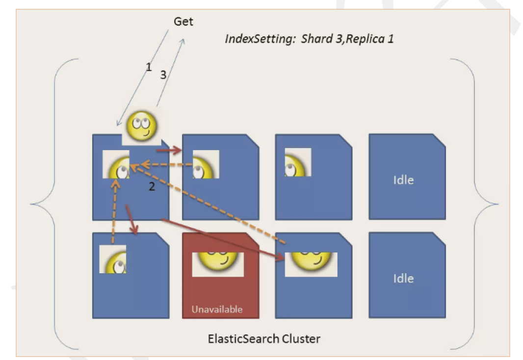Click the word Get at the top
coord(183,22)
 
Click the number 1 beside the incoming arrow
coord(149,67)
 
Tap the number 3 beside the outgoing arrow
coord(163,75)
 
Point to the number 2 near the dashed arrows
coord(152,187)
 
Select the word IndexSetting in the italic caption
coord(260,39)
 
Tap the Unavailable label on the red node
coord(217,309)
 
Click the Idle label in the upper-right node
coord(403,180)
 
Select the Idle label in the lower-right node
coord(403,278)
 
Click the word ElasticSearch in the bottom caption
coord(243,339)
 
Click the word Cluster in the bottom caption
coord(301,339)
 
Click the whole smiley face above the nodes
coord(141,126)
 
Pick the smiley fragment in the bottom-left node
coord(113,259)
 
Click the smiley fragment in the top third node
coord(298,162)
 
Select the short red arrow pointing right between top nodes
coord(169,151)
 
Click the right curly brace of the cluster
coord(474,204)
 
